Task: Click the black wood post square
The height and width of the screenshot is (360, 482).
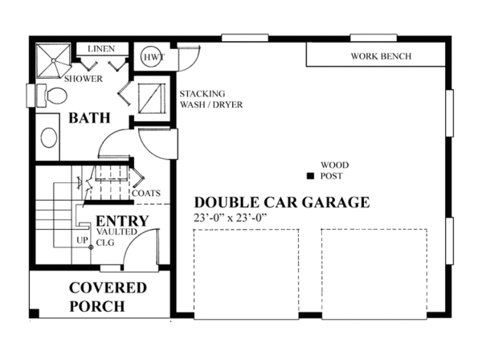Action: pos(310,176)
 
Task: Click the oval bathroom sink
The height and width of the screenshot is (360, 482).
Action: pos(48,137)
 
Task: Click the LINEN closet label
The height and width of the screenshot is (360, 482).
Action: pos(101,48)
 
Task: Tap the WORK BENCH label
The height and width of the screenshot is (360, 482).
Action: pos(381,56)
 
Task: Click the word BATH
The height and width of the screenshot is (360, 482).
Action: pos(89,118)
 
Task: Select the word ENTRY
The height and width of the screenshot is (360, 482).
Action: pos(122,221)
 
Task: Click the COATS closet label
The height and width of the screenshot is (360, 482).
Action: pos(146,193)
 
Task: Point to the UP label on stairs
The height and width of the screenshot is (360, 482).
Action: pos(82,239)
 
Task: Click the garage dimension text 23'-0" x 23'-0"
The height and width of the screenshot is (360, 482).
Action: pos(230,218)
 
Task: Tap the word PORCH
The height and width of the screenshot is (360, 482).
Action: pos(97,306)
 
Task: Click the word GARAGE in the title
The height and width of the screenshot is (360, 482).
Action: pos(336,202)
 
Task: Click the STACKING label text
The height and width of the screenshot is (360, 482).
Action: pos(202,93)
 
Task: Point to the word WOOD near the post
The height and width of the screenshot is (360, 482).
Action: pos(335,165)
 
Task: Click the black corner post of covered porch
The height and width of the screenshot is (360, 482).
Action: pos(35,313)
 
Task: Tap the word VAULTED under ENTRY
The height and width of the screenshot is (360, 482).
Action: pos(116,231)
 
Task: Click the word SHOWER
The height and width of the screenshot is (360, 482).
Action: pos(84,79)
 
